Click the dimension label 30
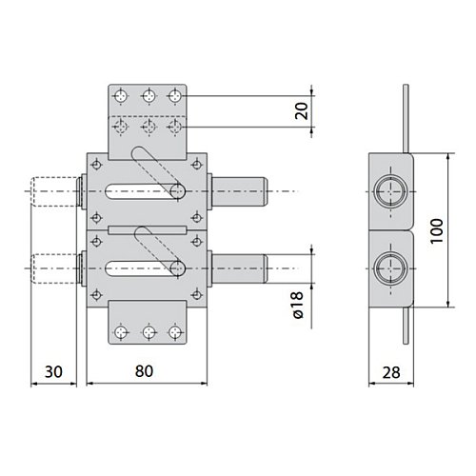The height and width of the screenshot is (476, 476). click(53, 371)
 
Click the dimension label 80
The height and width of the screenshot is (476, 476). click(144, 371)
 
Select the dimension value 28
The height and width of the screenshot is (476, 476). click(391, 372)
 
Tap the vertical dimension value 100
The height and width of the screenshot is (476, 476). click(437, 230)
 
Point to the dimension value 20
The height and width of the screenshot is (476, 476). click(302, 110)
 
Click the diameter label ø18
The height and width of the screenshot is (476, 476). click(298, 305)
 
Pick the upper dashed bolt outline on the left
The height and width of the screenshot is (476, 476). click(54, 191)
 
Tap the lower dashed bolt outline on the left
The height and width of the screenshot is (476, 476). click(54, 268)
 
